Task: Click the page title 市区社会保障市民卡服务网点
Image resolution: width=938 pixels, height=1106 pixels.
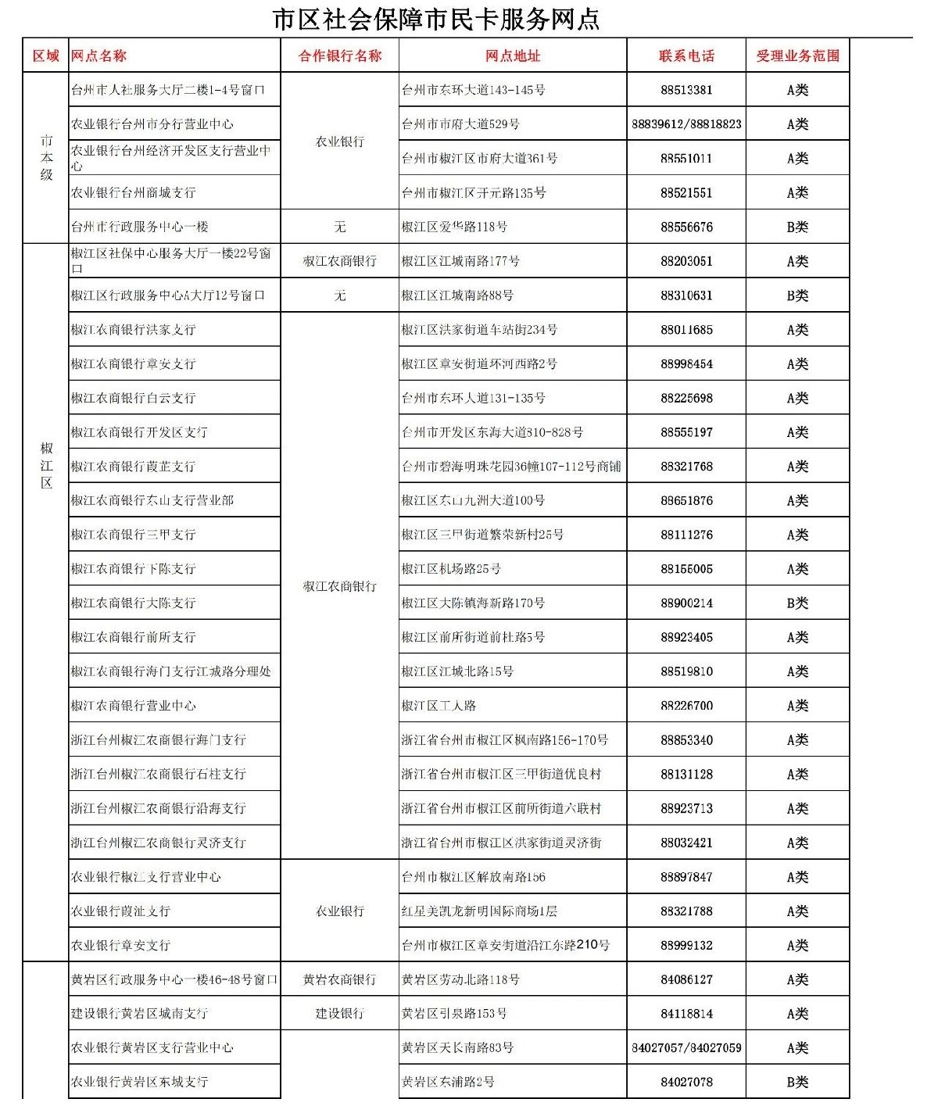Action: (x=435, y=19)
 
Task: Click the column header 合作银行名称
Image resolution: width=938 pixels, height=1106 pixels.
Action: (x=339, y=55)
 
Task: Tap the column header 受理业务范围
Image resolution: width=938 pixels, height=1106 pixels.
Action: (x=797, y=55)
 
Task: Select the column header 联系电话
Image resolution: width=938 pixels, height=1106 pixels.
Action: (x=686, y=55)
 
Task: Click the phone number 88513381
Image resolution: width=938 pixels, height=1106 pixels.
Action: (x=686, y=90)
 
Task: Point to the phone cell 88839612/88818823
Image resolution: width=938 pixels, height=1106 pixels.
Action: (x=686, y=124)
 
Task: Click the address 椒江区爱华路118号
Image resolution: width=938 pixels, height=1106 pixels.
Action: (x=454, y=227)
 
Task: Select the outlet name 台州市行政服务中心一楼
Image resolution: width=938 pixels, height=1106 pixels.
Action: (x=140, y=227)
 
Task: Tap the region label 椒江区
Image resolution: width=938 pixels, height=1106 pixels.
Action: (x=47, y=466)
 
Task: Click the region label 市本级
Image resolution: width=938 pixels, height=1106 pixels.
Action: (x=47, y=157)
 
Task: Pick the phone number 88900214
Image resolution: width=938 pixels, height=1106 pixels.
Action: (x=686, y=603)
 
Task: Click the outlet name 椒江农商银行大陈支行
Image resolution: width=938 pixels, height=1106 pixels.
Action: (x=134, y=603)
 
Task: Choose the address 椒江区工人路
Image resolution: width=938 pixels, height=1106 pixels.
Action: (x=439, y=706)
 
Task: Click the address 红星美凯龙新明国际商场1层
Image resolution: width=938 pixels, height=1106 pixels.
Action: (x=479, y=911)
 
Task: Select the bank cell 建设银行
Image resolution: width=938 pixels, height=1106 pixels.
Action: (x=339, y=1014)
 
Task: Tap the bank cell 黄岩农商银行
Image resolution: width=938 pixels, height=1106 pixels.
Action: (x=339, y=979)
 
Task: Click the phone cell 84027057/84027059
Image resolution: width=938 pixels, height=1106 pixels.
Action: (x=686, y=1047)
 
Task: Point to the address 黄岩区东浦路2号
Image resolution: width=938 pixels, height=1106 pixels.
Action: (x=448, y=1082)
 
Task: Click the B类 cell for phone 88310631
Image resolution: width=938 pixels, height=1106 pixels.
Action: (x=797, y=295)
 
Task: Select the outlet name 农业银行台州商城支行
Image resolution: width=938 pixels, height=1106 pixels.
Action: (x=134, y=192)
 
